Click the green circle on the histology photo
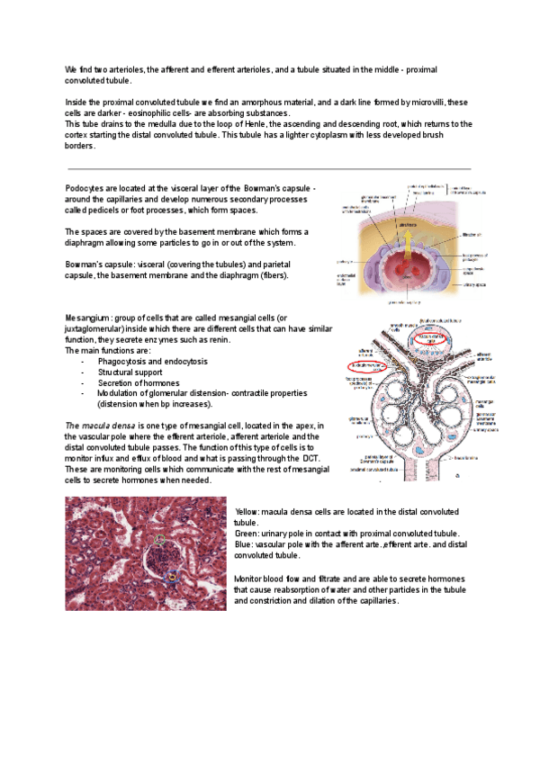coord(160,540)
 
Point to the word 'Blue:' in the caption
coord(243,544)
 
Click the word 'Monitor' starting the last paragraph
coord(250,578)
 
